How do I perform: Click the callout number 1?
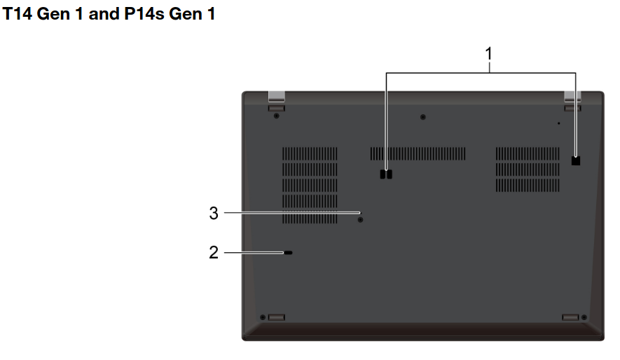(x=489, y=53)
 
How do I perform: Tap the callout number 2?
(x=214, y=252)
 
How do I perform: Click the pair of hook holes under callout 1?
(x=386, y=174)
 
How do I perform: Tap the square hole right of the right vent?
(x=576, y=160)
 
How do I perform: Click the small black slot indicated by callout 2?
(x=289, y=252)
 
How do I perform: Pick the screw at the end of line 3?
(x=361, y=219)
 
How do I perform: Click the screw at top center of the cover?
(x=423, y=117)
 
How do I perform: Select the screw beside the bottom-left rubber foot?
(x=263, y=317)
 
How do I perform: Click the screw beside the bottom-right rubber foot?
(x=584, y=317)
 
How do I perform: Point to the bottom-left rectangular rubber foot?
(x=276, y=317)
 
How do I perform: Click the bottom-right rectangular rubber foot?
(x=571, y=317)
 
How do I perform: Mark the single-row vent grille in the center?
(x=418, y=153)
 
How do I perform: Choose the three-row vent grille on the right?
(x=528, y=169)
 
